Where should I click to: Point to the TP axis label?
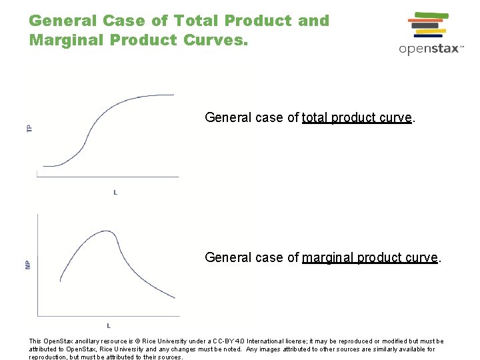29,127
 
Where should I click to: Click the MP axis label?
28,264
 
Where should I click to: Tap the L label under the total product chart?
115,193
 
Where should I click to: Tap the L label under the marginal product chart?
109,325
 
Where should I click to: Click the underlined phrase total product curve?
357,118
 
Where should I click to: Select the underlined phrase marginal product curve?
370,257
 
